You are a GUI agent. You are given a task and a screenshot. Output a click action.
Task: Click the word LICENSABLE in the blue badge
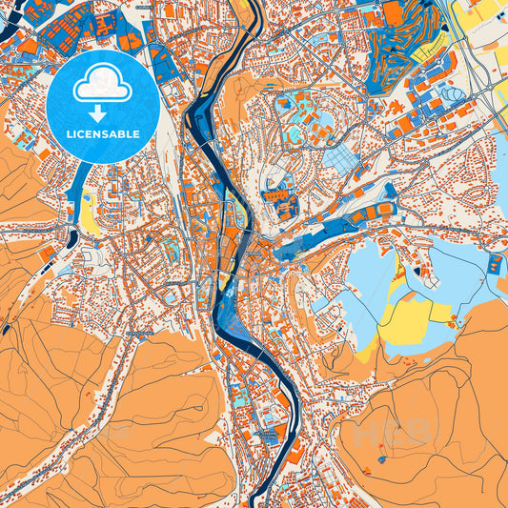tap(100, 134)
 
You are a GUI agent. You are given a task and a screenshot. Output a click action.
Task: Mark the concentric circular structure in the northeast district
tap(453, 95)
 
